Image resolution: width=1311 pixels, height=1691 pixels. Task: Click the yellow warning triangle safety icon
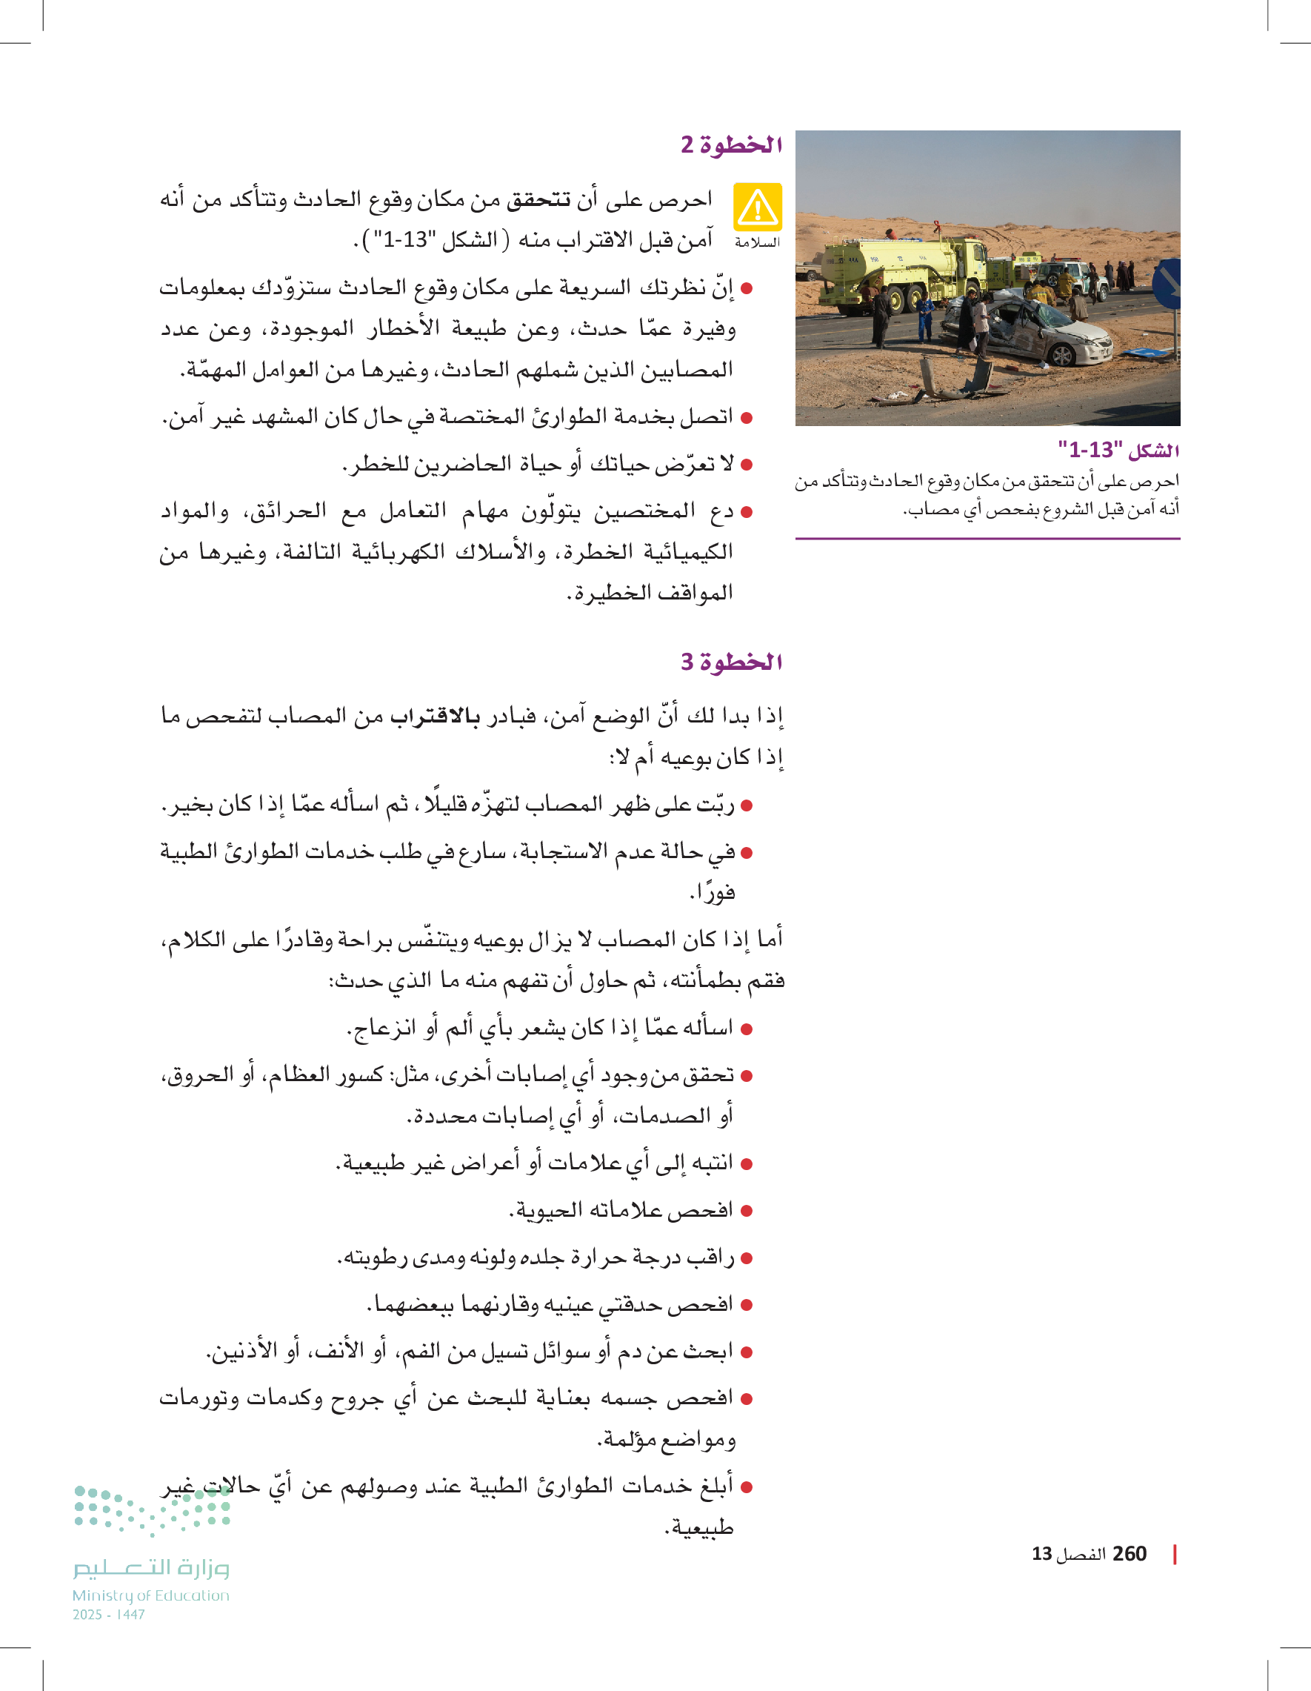pos(758,207)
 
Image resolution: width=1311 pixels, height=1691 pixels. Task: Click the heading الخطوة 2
pos(731,144)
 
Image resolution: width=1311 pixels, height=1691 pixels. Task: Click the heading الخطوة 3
pos(731,662)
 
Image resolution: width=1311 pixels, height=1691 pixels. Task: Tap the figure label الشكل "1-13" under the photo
pos(1118,449)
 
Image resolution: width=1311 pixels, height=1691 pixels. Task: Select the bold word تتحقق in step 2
pos(538,200)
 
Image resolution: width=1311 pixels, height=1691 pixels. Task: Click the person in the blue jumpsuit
pos(926,313)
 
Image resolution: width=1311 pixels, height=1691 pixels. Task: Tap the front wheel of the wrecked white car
pos(1062,355)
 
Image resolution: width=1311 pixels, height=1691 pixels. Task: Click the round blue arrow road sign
pos(1169,283)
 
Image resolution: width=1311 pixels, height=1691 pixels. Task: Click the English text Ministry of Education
pos(151,1595)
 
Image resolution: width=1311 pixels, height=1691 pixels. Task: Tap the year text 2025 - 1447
pos(109,1615)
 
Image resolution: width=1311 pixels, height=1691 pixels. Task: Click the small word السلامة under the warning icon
pos(757,242)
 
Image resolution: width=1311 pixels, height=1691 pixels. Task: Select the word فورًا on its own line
pos(712,893)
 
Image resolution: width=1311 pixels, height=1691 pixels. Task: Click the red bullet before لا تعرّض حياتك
pos(747,465)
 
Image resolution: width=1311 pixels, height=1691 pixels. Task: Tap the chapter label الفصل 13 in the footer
pos(1069,1554)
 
